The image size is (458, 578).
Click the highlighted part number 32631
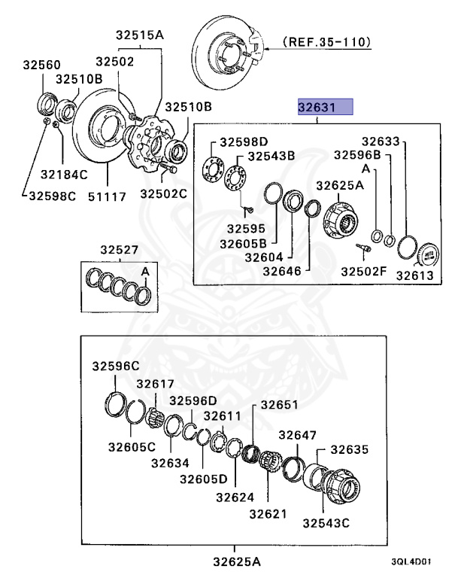click(x=325, y=108)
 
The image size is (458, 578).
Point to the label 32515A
click(x=139, y=34)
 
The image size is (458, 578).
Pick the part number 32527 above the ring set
click(x=120, y=249)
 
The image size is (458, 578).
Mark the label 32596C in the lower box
click(x=116, y=366)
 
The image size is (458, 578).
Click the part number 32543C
click(x=326, y=522)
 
